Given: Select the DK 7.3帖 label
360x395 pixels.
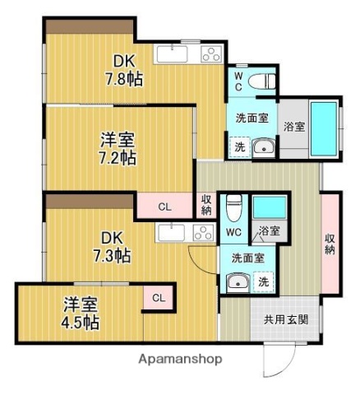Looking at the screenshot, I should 115,247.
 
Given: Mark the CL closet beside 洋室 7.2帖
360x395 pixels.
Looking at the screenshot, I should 164,207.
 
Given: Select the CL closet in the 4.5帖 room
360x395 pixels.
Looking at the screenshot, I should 159,298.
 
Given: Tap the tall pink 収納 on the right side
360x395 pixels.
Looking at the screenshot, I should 330,244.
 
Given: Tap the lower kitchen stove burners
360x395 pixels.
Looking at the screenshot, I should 202,233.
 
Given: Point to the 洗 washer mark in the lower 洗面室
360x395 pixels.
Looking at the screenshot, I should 264,281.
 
